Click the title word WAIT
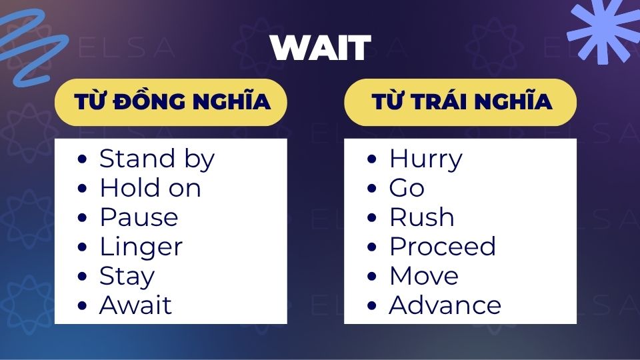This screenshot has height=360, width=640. click(321, 48)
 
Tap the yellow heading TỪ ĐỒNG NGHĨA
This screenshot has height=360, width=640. click(171, 102)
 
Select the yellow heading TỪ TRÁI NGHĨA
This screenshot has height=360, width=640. click(461, 102)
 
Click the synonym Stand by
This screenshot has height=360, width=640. click(157, 159)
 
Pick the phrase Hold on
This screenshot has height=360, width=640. click(151, 188)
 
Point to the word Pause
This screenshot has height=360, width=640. click(139, 217)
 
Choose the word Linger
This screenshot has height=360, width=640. click(141, 247)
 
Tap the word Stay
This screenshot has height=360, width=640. click(127, 277)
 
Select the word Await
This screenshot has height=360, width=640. click(135, 305)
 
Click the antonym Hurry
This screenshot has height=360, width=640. click(426, 159)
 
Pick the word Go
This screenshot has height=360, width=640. click(407, 188)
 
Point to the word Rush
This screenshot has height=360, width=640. click(422, 217)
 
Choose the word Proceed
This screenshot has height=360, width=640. click(443, 247)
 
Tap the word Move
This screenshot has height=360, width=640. click(424, 276)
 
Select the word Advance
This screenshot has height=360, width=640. click(445, 305)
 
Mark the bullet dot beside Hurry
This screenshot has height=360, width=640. click(371, 159)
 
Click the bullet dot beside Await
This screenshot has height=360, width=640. click(82, 306)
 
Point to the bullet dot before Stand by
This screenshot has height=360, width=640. click(82, 159)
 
